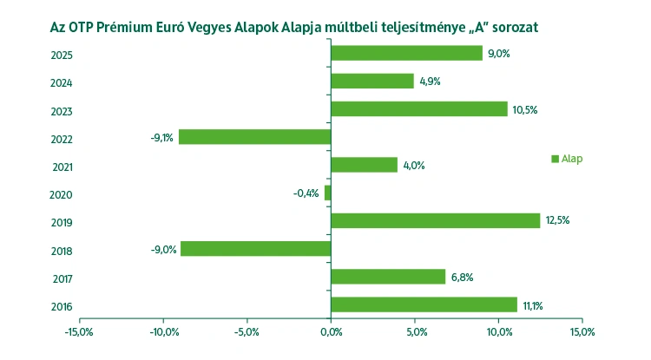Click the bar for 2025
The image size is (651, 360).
(406, 53)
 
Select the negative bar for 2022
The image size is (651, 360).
(254, 137)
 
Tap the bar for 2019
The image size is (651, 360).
(435, 220)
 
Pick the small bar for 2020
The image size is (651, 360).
(327, 193)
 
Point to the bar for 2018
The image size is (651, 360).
(255, 249)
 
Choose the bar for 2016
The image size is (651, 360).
(424, 304)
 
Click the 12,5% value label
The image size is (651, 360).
(558, 220)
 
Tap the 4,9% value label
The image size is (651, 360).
(431, 82)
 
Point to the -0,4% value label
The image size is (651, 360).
(306, 193)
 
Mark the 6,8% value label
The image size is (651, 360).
(462, 278)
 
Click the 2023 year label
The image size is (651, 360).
(62, 112)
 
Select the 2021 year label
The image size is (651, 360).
(62, 167)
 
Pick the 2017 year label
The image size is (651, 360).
(62, 279)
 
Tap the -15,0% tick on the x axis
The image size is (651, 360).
(79, 332)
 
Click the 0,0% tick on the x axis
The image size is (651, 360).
(331, 332)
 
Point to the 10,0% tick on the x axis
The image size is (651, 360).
(498, 332)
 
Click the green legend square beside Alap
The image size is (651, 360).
(555, 159)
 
